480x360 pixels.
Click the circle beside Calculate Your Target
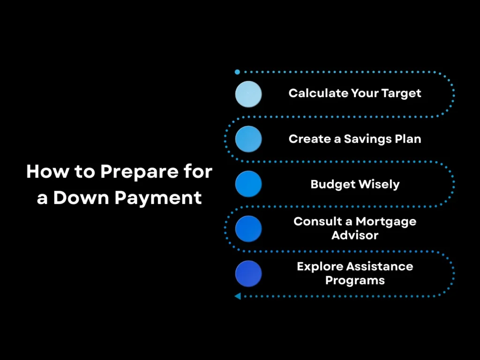click(x=248, y=94)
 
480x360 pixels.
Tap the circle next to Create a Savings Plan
click(x=248, y=139)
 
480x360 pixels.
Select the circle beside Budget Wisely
click(x=248, y=184)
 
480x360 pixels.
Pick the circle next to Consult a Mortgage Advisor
click(x=248, y=229)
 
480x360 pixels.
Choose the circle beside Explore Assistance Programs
click(x=248, y=274)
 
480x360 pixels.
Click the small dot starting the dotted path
click(x=237, y=72)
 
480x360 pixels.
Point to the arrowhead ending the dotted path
click(x=238, y=296)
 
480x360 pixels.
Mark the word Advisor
click(x=355, y=235)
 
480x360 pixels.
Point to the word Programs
click(x=355, y=280)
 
